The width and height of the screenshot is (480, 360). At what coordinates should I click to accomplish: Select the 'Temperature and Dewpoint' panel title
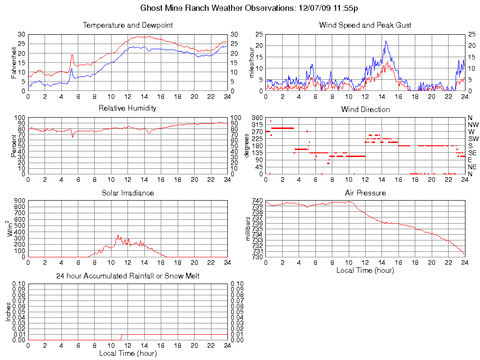pyautogui.click(x=127, y=25)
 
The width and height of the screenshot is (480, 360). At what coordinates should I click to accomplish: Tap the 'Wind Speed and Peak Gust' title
pyautogui.click(x=365, y=25)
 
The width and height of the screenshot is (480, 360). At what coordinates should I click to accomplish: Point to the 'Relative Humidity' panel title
pyautogui.click(x=127, y=108)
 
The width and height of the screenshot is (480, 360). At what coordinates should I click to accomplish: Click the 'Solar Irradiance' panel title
pyautogui.click(x=127, y=193)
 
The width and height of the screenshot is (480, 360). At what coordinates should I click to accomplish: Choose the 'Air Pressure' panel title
pyautogui.click(x=365, y=193)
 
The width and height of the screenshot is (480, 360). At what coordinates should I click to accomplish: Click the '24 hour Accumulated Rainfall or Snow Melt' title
pyautogui.click(x=127, y=276)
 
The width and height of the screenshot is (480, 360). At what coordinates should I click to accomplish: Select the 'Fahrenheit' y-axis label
pyautogui.click(x=14, y=62)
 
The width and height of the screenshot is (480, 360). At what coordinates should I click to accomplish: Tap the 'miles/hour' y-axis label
pyautogui.click(x=252, y=62)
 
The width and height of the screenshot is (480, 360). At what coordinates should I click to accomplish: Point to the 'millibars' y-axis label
pyautogui.click(x=249, y=228)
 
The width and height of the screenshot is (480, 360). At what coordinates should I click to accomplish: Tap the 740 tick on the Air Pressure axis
pyautogui.click(x=257, y=201)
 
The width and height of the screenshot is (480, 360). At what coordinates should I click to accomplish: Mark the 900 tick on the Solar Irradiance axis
pyautogui.click(x=19, y=201)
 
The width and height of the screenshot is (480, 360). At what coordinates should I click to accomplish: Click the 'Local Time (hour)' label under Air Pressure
pyautogui.click(x=365, y=270)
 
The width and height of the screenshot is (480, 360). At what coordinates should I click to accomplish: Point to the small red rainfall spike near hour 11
pyautogui.click(x=121, y=337)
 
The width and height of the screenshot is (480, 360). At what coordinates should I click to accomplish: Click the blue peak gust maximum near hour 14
pyautogui.click(x=386, y=41)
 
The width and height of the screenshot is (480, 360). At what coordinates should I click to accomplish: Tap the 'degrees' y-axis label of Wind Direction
pyautogui.click(x=247, y=145)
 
